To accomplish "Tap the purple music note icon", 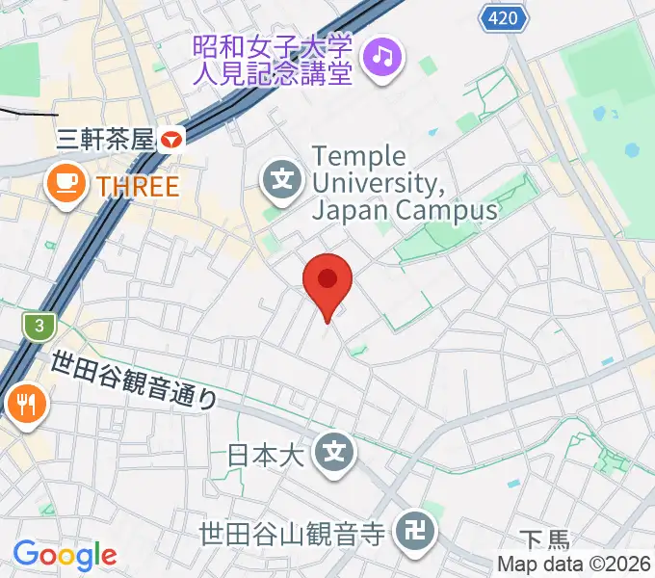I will (x=384, y=58).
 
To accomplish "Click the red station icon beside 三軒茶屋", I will (x=172, y=140).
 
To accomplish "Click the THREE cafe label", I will (x=138, y=185).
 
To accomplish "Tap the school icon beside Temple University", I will (x=282, y=178).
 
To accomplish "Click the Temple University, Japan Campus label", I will (x=405, y=182).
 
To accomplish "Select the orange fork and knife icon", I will (x=24, y=404).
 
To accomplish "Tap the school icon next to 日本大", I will (x=335, y=450).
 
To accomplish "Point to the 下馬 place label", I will (x=546, y=540).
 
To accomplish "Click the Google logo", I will (x=65, y=555).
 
